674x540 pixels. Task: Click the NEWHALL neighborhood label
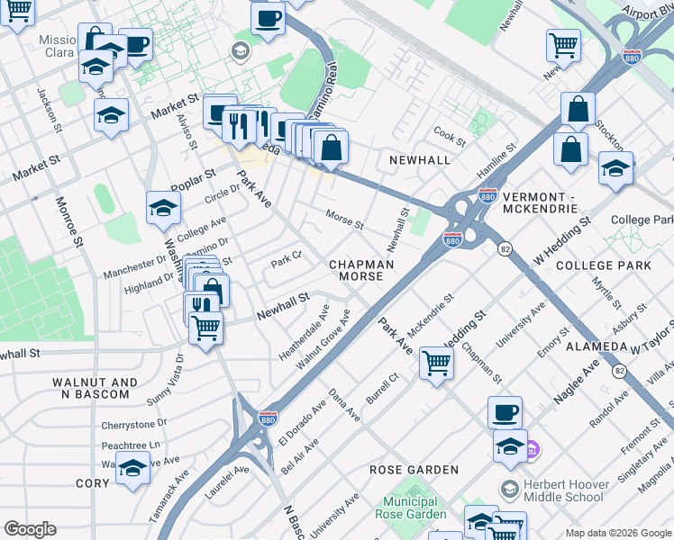tap(419, 159)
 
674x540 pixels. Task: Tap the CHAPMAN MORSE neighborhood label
tap(360, 270)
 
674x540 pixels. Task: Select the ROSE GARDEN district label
tap(414, 470)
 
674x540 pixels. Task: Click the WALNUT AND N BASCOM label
tap(95, 388)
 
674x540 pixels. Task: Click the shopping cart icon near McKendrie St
tap(437, 363)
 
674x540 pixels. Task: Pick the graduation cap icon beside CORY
tap(132, 468)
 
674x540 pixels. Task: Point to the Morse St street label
tap(344, 219)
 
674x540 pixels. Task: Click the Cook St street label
tap(449, 136)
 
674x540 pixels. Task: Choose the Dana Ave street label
tap(344, 405)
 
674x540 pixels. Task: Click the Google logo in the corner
tap(31, 529)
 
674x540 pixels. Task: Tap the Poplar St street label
tap(193, 179)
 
